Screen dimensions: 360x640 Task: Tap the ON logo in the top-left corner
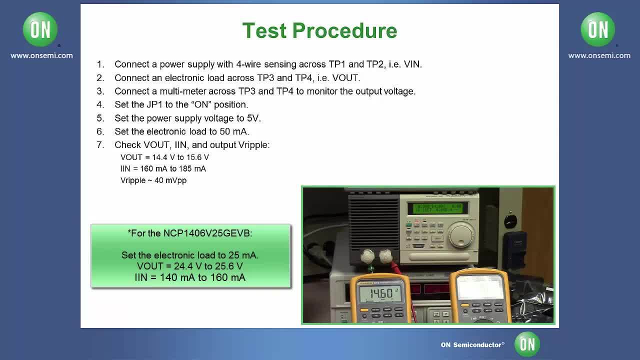(40, 30)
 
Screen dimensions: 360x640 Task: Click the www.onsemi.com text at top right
(599, 55)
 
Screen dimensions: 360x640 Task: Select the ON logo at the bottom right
(527, 344)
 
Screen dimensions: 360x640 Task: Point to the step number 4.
(100, 104)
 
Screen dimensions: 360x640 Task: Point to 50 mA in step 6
(234, 131)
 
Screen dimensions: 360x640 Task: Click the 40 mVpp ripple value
(170, 180)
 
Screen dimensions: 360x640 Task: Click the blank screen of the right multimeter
(479, 287)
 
